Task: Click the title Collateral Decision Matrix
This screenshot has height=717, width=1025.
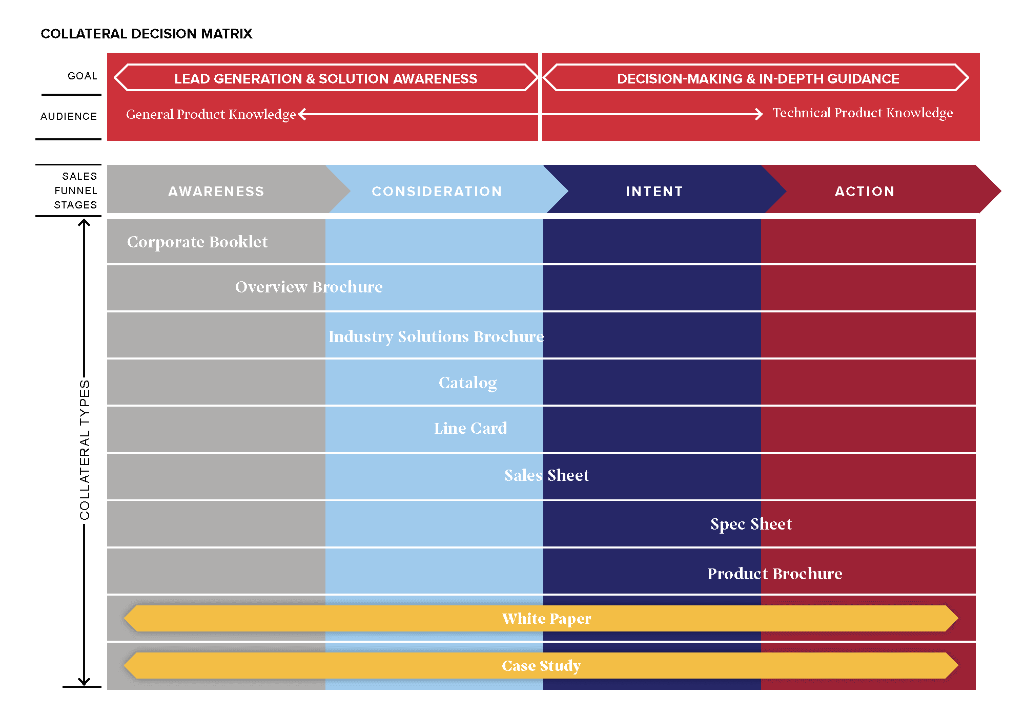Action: (x=147, y=34)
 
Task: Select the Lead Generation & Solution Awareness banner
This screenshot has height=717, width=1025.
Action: (x=325, y=78)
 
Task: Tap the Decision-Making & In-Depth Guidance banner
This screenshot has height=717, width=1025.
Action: (x=757, y=78)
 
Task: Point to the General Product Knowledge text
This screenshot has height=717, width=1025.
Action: (x=211, y=114)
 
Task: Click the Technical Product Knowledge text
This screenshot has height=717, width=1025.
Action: (x=863, y=113)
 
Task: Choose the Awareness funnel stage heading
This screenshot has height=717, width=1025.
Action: (x=216, y=191)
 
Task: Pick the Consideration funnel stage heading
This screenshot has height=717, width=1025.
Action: (x=437, y=191)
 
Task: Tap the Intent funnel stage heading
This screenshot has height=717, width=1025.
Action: (x=654, y=191)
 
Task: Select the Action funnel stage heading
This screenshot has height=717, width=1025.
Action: (x=865, y=191)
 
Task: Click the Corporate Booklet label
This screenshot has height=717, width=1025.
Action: (x=197, y=242)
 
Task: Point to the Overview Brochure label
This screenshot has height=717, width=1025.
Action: (x=309, y=287)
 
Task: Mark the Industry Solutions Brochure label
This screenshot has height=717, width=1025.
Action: (x=436, y=336)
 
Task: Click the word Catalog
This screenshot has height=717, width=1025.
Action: (x=467, y=383)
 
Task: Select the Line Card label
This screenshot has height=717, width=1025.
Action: (x=470, y=428)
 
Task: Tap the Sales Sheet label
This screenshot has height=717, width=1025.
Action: (x=546, y=475)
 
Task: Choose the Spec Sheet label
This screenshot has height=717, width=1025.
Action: (x=751, y=524)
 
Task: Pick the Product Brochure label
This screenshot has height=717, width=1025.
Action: (x=774, y=574)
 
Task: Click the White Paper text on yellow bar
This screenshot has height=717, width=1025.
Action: (x=546, y=619)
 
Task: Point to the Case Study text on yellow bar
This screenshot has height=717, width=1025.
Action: (x=541, y=666)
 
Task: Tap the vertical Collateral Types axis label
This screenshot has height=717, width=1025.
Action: (x=85, y=450)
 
